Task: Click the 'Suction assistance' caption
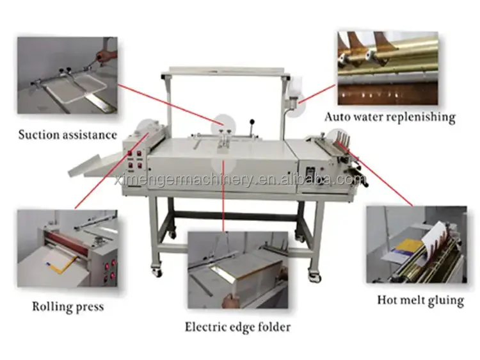[67, 135]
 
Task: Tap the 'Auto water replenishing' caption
[390, 117]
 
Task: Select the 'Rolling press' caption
[67, 306]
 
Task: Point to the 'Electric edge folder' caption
[237, 327]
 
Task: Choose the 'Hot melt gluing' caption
[420, 300]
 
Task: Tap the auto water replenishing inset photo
[387, 67]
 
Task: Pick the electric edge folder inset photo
[237, 270]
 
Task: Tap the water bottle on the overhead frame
[295, 90]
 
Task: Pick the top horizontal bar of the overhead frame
[227, 69]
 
